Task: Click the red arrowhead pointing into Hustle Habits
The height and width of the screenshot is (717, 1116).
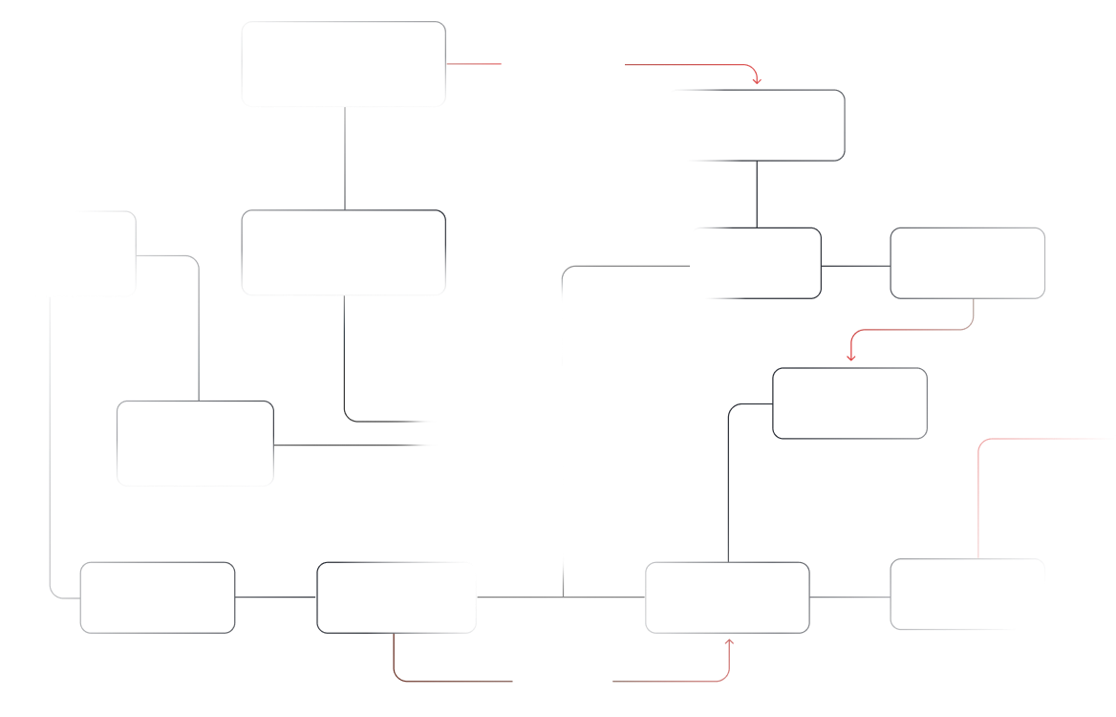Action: pyautogui.click(x=756, y=78)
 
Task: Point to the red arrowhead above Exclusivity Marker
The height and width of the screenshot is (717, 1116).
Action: pyautogui.click(x=850, y=357)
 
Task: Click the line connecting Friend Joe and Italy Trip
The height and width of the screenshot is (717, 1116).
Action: pyautogui.click(x=344, y=158)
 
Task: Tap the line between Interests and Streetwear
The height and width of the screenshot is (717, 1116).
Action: pyautogui.click(x=855, y=264)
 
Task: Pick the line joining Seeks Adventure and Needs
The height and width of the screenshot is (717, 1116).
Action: pyautogui.click(x=275, y=597)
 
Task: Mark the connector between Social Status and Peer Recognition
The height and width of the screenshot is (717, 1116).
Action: pyautogui.click(x=849, y=597)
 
